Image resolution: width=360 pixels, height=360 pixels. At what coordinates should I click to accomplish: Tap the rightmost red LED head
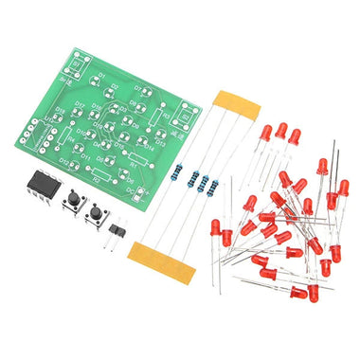pyautogui.click(x=343, y=187)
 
